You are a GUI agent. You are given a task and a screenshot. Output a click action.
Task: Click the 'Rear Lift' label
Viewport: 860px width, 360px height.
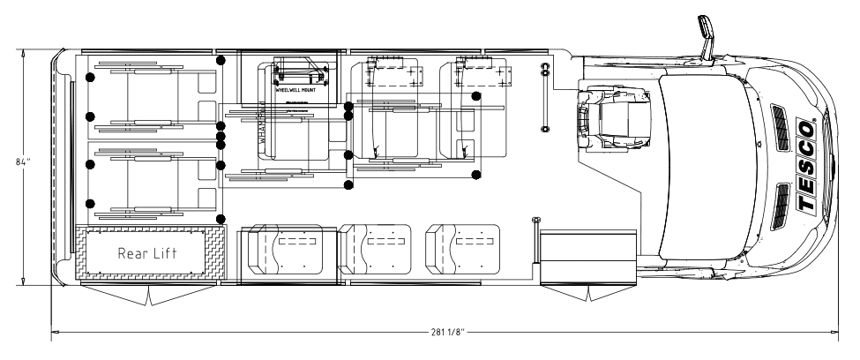pyautogui.click(x=148, y=253)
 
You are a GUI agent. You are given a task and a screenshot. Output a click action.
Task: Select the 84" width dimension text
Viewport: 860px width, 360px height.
pyautogui.click(x=10, y=163)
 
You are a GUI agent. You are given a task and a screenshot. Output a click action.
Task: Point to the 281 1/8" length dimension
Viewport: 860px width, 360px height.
pyautogui.click(x=444, y=333)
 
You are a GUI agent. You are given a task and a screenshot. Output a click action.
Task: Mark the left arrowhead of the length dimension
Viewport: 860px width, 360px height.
pyautogui.click(x=56, y=333)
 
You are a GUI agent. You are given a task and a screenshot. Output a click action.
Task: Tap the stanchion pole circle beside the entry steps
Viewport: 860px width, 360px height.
pyautogui.click(x=535, y=220)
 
